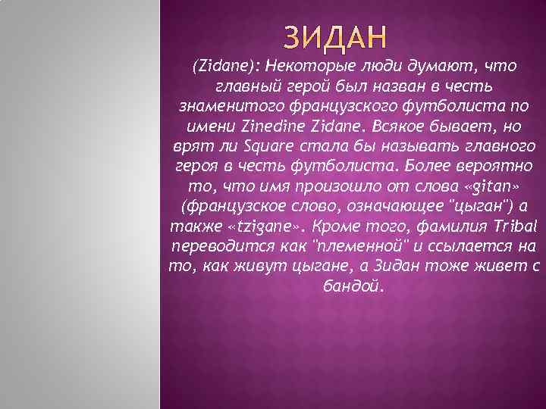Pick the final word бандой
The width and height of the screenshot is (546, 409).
click(354, 286)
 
